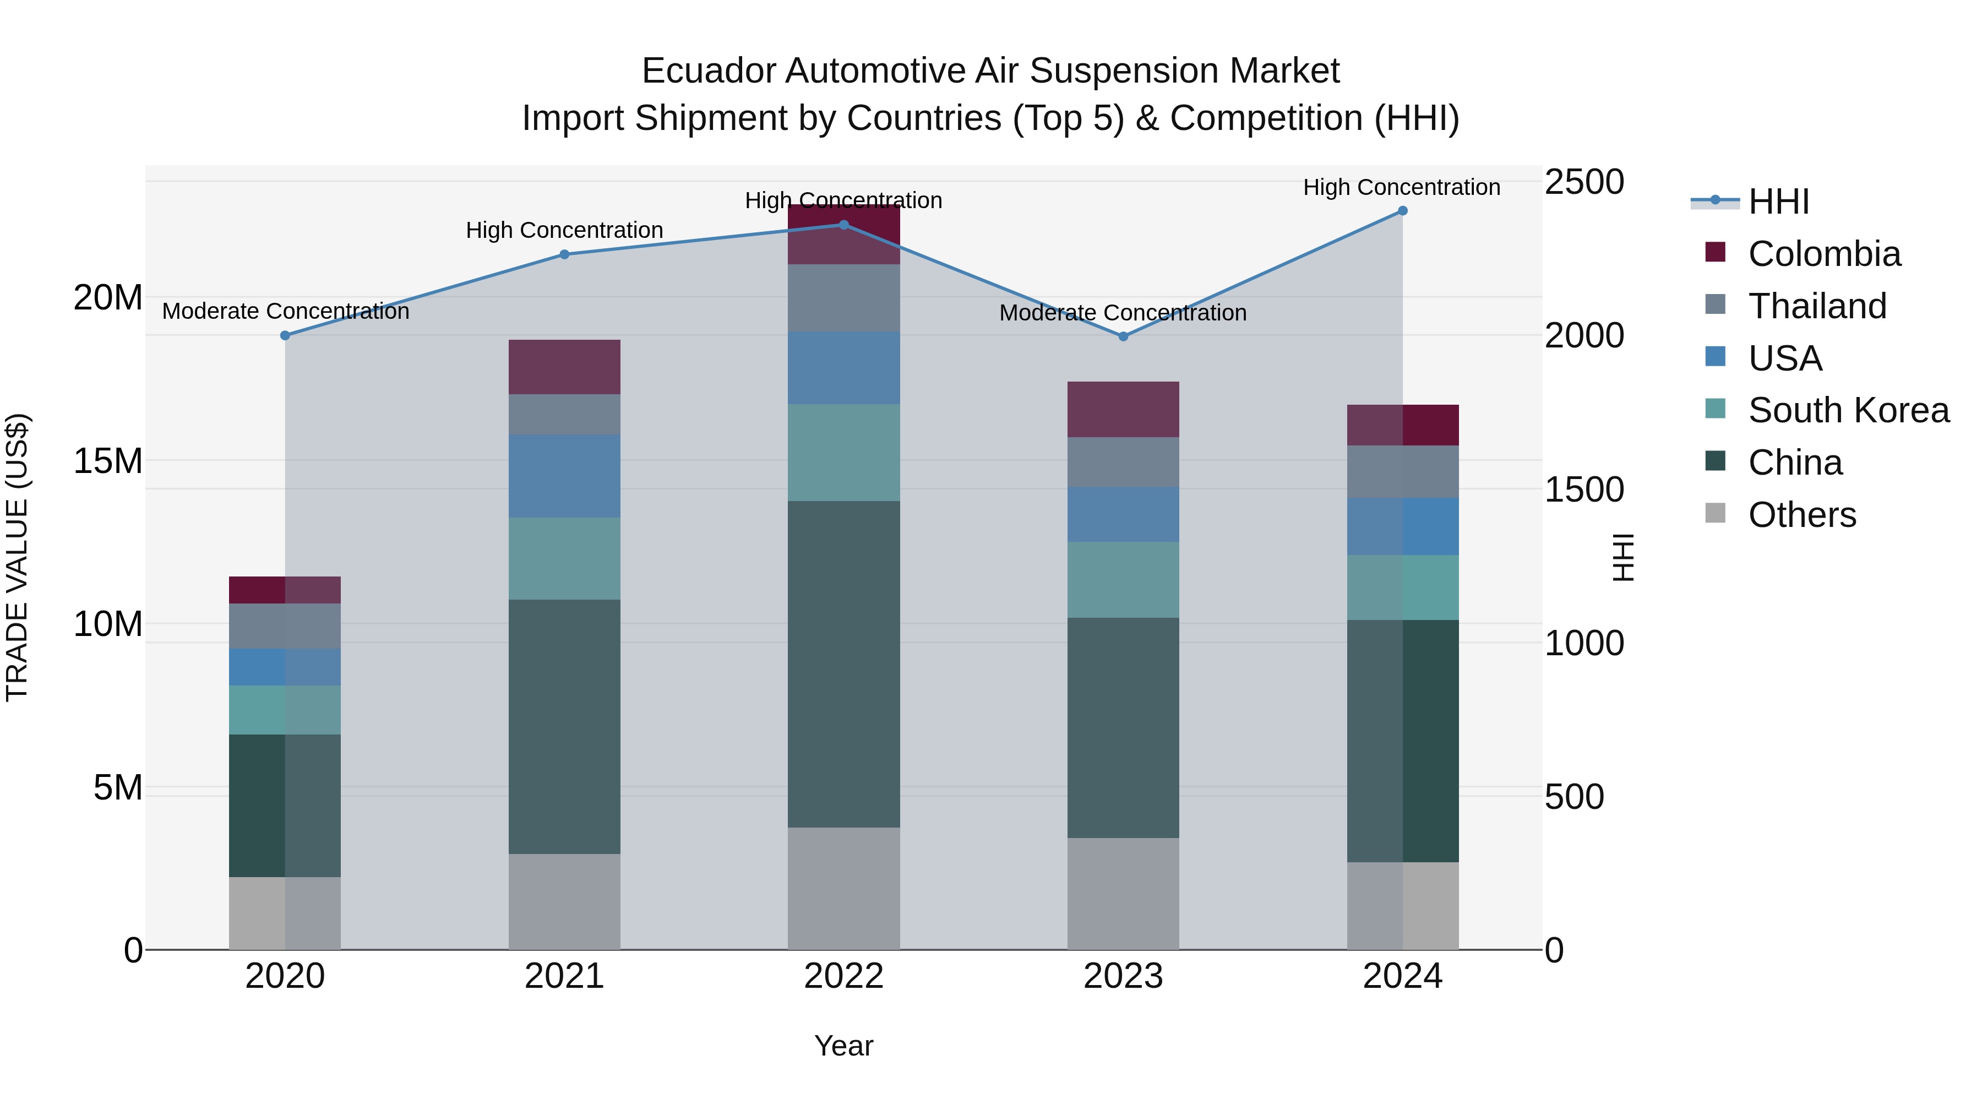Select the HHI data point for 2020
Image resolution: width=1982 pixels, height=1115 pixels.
285,335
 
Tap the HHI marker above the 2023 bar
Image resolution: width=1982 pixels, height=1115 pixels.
1123,336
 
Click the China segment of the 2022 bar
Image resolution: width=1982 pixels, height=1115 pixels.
843,664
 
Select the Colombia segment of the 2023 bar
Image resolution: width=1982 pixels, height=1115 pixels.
1123,409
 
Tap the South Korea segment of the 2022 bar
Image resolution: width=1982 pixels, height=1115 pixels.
843,453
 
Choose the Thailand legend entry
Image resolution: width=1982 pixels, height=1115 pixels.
1817,306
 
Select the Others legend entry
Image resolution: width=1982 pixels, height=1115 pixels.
1801,515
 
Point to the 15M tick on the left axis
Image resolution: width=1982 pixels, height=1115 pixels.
108,461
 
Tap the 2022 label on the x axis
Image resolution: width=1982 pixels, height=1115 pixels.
843,976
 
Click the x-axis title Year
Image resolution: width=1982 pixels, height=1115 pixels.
843,1046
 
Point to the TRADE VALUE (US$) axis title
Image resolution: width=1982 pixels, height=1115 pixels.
17,557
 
